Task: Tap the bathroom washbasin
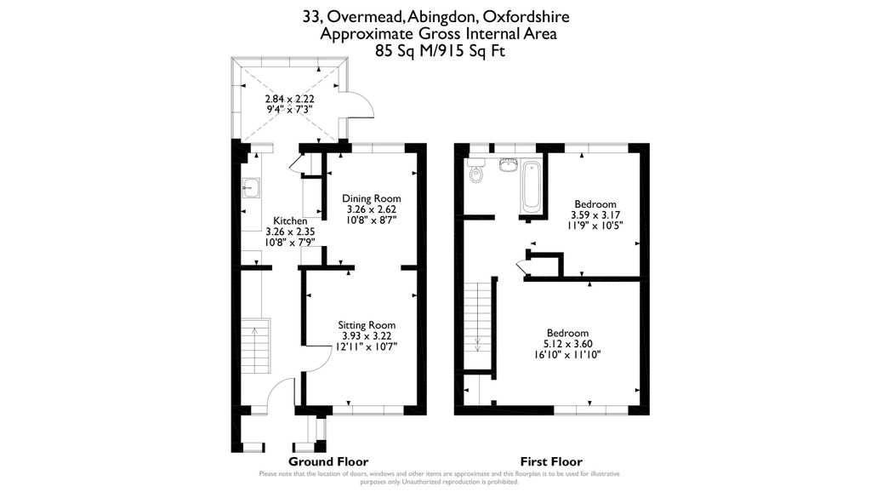pos(510,165)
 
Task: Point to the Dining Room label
pos(371,198)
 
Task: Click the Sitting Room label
pos(366,325)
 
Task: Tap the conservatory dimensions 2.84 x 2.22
pos(290,99)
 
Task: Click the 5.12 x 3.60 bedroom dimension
pos(567,344)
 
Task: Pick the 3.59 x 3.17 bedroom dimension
pos(595,215)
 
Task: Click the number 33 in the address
pos(311,16)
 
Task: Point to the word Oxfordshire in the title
pos(523,16)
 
